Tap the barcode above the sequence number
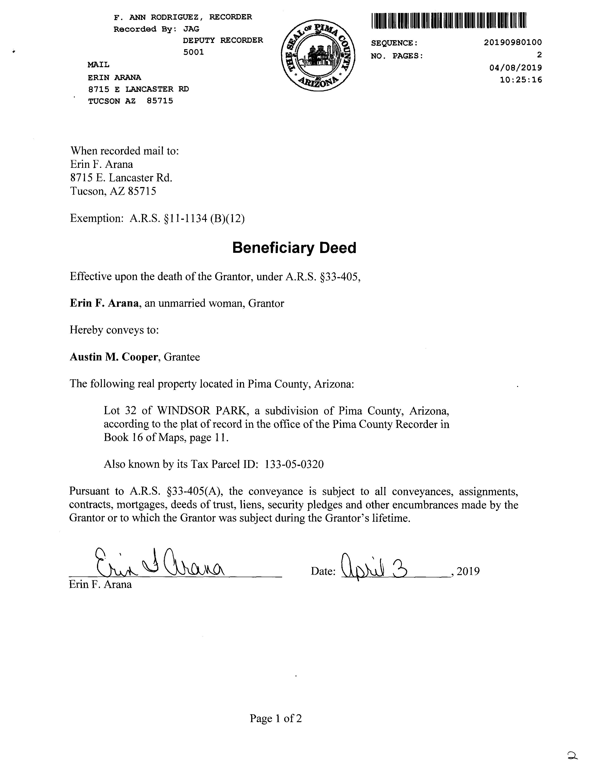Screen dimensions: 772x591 pyautogui.click(x=449, y=20)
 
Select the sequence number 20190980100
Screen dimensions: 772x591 pyautogui.click(x=513, y=42)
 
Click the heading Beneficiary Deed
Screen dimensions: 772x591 pyautogui.click(x=294, y=248)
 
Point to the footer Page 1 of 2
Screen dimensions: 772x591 pyautogui.click(x=276, y=718)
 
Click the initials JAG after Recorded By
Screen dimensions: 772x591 pyautogui.click(x=191, y=29)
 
